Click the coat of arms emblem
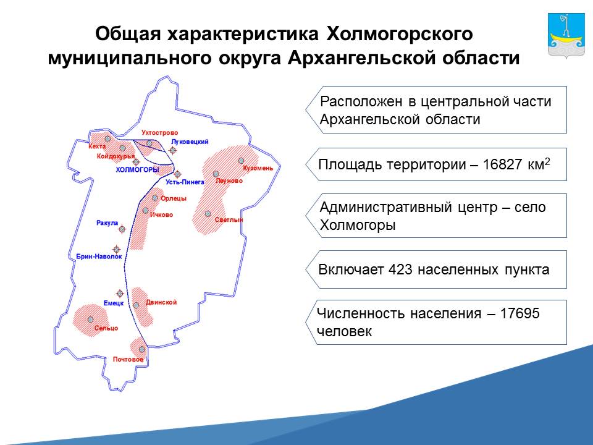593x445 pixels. (566, 36)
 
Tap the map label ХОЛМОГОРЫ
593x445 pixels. (137, 170)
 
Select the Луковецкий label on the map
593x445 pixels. (190, 142)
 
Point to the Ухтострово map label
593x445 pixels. (159, 133)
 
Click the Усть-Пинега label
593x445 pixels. (185, 182)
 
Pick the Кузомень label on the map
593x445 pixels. (258, 168)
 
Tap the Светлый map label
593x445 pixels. (229, 220)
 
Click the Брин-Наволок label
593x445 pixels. (99, 256)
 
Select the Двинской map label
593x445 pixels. (161, 302)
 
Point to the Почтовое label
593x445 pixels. (128, 360)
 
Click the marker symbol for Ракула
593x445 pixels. (122, 229)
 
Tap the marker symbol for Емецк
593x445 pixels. (120, 293)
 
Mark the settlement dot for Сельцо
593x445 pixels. (90, 320)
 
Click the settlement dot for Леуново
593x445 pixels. (216, 174)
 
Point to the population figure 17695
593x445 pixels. (519, 313)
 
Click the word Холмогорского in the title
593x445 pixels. (400, 34)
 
